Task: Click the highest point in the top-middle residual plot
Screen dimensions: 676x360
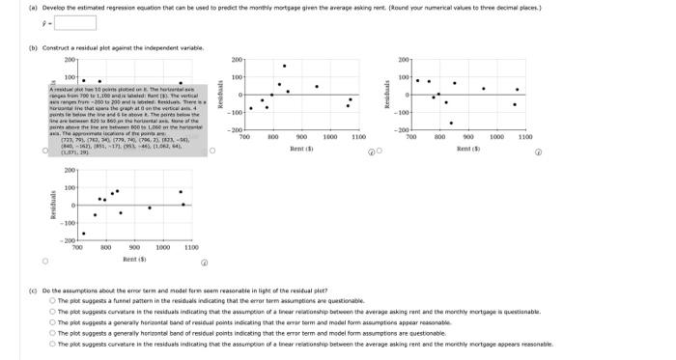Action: point(284,66)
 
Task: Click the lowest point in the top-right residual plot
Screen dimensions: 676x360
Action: point(451,123)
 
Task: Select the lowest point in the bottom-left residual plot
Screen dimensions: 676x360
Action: point(83,233)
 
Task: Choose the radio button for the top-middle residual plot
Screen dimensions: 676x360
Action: point(379,150)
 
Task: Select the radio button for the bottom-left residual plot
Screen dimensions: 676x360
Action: point(43,260)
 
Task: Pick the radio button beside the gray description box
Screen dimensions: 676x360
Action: point(43,150)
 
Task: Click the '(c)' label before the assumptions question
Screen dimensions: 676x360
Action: point(33,290)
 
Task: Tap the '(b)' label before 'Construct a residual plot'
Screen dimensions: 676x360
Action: point(33,46)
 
